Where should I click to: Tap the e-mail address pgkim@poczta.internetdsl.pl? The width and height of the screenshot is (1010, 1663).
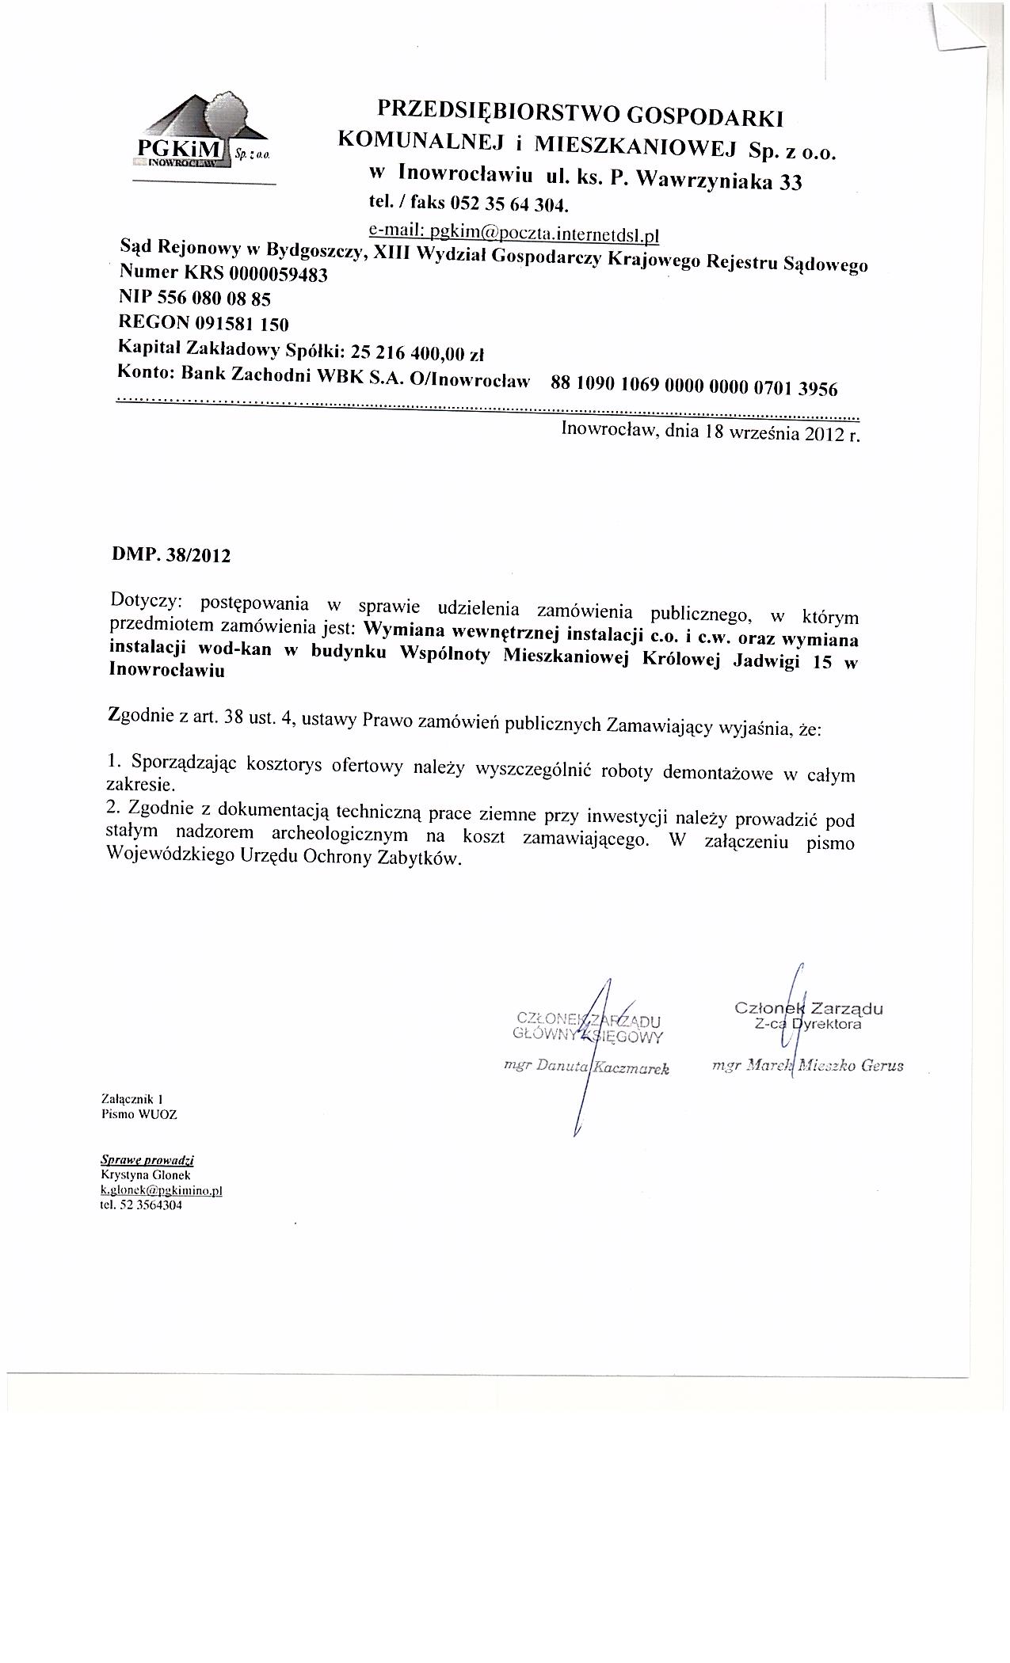(514, 234)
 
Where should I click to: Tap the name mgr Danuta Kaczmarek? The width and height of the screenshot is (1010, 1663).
(587, 1067)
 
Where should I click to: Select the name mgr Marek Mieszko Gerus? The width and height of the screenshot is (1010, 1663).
(808, 1065)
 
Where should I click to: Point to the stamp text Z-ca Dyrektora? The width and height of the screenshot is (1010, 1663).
(808, 1024)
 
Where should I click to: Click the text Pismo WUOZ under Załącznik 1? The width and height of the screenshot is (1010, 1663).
(139, 1114)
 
